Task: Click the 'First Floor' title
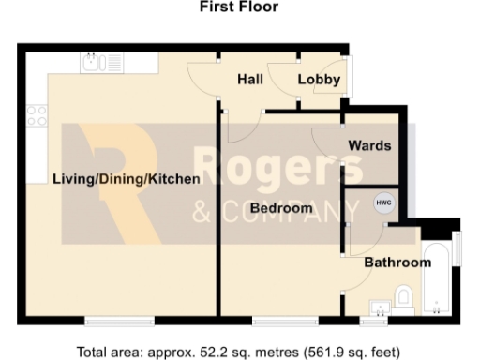pyautogui.click(x=239, y=7)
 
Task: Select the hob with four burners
pyautogui.click(x=37, y=115)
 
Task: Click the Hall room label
pyautogui.click(x=249, y=81)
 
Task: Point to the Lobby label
pyautogui.click(x=319, y=81)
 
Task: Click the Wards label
pyautogui.click(x=369, y=146)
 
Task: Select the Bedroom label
pyautogui.click(x=281, y=207)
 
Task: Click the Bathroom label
pyautogui.click(x=397, y=262)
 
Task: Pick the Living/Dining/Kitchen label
pyautogui.click(x=126, y=178)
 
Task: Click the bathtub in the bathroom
pyautogui.click(x=437, y=278)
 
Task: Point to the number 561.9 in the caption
pyautogui.click(x=325, y=352)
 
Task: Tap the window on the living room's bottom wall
pyautogui.click(x=118, y=321)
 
